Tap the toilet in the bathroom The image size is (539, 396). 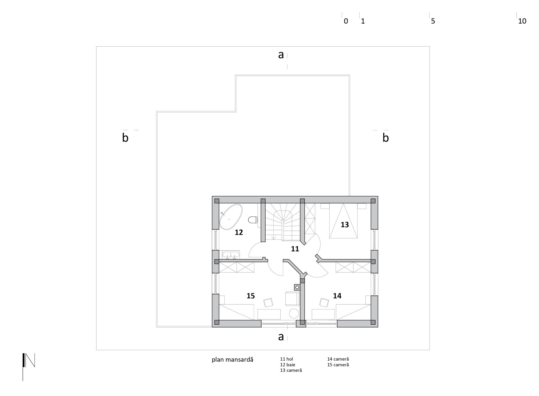(x=253, y=220)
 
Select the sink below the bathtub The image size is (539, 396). (x=231, y=255)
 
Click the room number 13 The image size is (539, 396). (x=345, y=225)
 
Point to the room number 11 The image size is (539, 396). (x=295, y=249)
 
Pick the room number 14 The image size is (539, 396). (x=337, y=296)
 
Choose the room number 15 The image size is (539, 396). (x=251, y=296)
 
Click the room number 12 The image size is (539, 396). (x=239, y=232)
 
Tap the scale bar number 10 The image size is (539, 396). (x=522, y=21)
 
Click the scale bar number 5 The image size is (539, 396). (x=433, y=21)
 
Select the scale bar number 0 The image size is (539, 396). (x=346, y=21)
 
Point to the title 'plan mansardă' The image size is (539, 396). (x=232, y=360)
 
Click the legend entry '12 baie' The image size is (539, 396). (x=288, y=365)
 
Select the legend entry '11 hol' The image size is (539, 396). (x=286, y=359)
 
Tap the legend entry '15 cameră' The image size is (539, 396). (x=338, y=365)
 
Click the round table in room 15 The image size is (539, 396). (x=294, y=313)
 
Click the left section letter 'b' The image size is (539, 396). (x=125, y=138)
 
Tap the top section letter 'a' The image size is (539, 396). (x=281, y=55)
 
